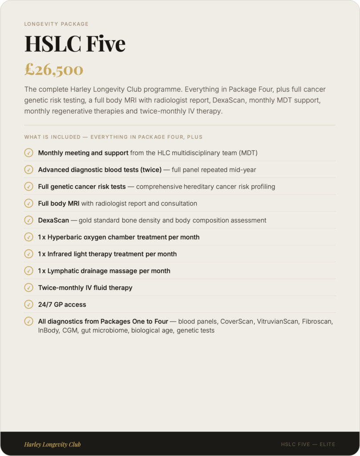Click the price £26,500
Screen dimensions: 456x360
point(54,69)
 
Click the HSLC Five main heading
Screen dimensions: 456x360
point(75,44)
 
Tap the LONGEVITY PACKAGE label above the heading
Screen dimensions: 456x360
point(57,24)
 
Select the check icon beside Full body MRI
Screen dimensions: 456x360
point(28,204)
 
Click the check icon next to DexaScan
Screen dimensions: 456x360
point(28,220)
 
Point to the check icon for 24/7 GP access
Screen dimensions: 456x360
point(28,305)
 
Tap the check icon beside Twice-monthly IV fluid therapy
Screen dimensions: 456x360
point(28,288)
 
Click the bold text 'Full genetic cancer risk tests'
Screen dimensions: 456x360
point(82,187)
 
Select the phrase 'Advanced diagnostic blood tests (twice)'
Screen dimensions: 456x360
point(100,170)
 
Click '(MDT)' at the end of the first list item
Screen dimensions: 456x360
point(248,153)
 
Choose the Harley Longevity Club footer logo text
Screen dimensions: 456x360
point(53,444)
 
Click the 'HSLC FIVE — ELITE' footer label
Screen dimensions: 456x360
point(308,444)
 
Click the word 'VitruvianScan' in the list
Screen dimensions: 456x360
point(278,322)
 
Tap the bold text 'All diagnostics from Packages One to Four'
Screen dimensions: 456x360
point(103,322)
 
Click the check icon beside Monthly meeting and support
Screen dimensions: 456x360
point(28,153)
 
